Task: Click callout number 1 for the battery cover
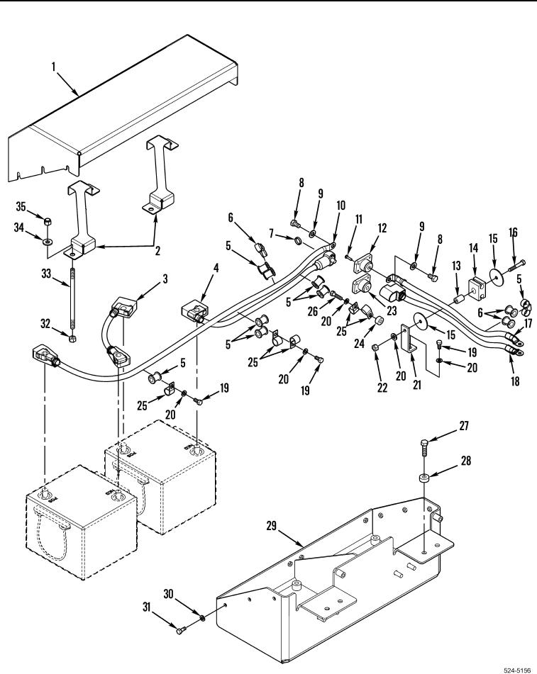[x=54, y=67]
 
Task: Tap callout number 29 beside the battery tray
[x=271, y=526]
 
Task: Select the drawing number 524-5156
[x=520, y=670]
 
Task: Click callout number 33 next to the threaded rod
[x=46, y=274]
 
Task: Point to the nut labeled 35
[x=48, y=222]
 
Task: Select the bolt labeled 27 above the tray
[x=424, y=447]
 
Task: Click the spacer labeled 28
[x=424, y=478]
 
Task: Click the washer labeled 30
[x=201, y=618]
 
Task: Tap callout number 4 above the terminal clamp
[x=216, y=268]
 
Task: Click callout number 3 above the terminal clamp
[x=165, y=279]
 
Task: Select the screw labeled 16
[x=516, y=264]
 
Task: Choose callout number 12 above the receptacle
[x=382, y=228]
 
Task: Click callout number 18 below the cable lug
[x=515, y=381]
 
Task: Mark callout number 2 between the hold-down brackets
[x=158, y=251]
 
